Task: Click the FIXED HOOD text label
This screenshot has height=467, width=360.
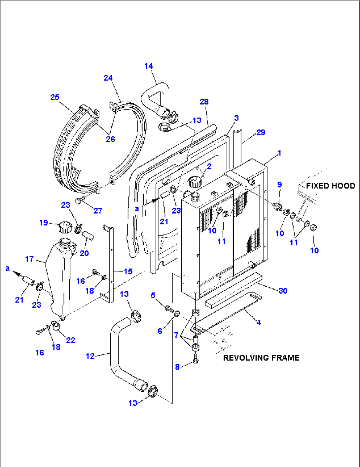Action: (330, 186)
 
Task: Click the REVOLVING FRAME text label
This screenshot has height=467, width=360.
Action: (261, 358)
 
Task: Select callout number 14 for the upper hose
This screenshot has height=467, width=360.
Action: (149, 66)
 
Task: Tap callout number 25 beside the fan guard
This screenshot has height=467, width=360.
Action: (55, 97)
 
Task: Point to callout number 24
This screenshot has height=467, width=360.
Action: (108, 78)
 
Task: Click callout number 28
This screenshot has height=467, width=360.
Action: (204, 102)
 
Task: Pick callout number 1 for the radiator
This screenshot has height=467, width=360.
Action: (279, 153)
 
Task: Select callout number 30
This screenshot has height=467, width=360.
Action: (283, 291)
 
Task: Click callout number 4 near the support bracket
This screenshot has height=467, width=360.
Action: (259, 322)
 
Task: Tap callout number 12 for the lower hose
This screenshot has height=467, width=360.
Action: (90, 356)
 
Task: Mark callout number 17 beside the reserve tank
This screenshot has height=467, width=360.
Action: (29, 259)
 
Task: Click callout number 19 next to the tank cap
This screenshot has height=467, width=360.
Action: (44, 223)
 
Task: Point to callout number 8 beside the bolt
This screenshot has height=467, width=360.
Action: (177, 367)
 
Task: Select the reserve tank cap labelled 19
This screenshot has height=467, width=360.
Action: (65, 227)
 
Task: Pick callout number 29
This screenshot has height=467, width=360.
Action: (261, 132)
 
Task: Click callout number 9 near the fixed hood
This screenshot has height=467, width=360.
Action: (279, 185)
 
